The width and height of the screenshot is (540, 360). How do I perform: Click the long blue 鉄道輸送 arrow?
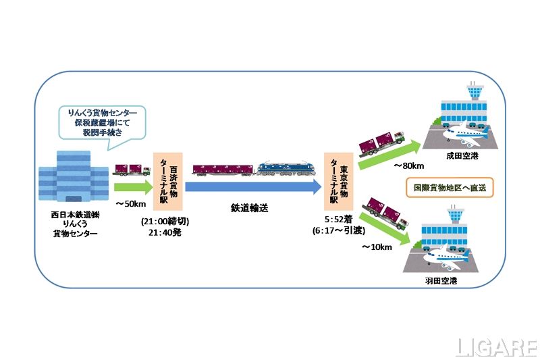(x=253, y=187)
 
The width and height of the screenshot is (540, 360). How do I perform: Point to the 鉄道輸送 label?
(x=249, y=209)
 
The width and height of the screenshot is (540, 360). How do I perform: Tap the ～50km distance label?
(x=131, y=204)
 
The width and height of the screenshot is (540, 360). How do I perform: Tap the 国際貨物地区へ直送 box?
(x=449, y=187)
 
